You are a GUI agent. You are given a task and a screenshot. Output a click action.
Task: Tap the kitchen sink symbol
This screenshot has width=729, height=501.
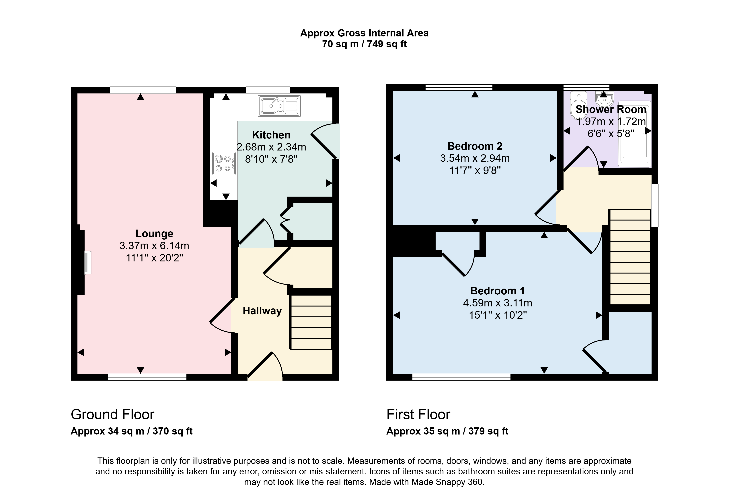click(x=279, y=106)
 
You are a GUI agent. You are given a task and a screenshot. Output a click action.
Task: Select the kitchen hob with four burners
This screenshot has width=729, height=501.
click(x=224, y=163)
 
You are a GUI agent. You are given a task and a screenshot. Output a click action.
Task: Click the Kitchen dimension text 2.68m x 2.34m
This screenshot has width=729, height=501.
click(x=271, y=147)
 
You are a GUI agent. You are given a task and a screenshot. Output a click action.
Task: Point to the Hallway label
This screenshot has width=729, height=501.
click(x=262, y=311)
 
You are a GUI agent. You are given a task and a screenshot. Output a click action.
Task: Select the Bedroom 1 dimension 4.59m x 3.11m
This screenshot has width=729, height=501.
click(x=497, y=303)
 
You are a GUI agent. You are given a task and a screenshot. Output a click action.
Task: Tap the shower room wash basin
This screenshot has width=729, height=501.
click(x=604, y=98)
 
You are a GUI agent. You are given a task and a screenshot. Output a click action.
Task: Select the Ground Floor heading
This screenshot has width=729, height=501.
click(x=112, y=414)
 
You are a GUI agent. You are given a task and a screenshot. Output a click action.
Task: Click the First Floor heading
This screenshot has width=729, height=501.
click(x=418, y=414)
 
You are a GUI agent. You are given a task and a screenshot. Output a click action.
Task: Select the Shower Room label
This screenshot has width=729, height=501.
click(x=611, y=109)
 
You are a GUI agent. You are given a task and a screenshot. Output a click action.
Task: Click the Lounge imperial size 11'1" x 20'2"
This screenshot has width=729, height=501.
click(x=154, y=258)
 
